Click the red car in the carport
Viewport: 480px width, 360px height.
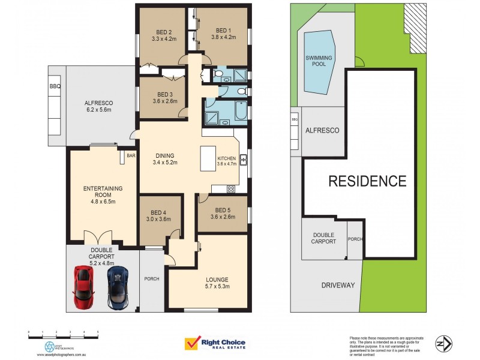(83, 287)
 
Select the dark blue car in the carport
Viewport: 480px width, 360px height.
(118, 287)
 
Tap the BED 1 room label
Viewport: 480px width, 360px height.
(223, 31)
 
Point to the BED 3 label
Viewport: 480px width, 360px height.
(165, 94)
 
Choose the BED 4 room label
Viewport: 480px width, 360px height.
(158, 212)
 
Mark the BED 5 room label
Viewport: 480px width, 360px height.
(223, 209)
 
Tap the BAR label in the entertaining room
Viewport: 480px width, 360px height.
(131, 155)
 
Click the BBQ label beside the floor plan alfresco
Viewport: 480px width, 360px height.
(55, 86)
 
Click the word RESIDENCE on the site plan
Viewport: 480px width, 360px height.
(367, 181)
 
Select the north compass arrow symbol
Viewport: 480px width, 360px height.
(443, 343)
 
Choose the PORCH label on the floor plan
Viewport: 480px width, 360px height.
(151, 279)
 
